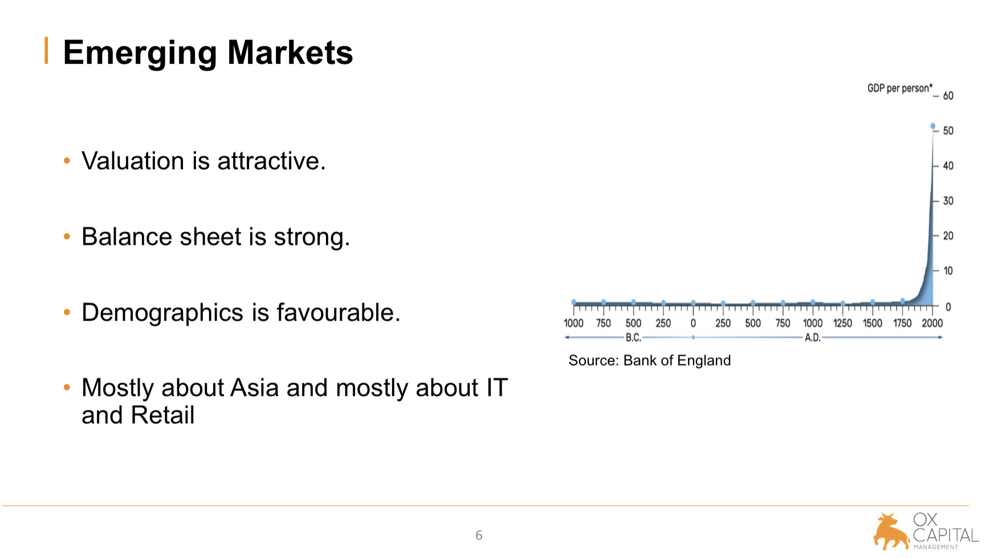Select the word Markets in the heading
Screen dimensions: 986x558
tap(290, 52)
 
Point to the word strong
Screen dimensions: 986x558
tap(312, 237)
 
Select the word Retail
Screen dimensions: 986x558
tap(162, 415)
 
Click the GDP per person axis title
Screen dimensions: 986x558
tap(900, 88)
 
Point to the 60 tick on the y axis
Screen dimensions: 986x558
tap(948, 96)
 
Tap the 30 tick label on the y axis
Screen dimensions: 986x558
tap(948, 200)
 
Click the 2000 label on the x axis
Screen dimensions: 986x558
tap(932, 323)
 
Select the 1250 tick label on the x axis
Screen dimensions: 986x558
tap(842, 323)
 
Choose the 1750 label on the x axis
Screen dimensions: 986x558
tap(902, 323)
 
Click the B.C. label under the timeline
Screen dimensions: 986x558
tap(633, 338)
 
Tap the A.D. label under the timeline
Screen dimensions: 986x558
tap(812, 338)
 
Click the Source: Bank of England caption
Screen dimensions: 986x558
tap(650, 360)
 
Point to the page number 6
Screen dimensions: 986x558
tap(479, 535)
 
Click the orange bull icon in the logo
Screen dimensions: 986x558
tap(891, 532)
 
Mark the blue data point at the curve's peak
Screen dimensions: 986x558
tap(933, 126)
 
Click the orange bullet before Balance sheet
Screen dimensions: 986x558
tap(67, 236)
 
